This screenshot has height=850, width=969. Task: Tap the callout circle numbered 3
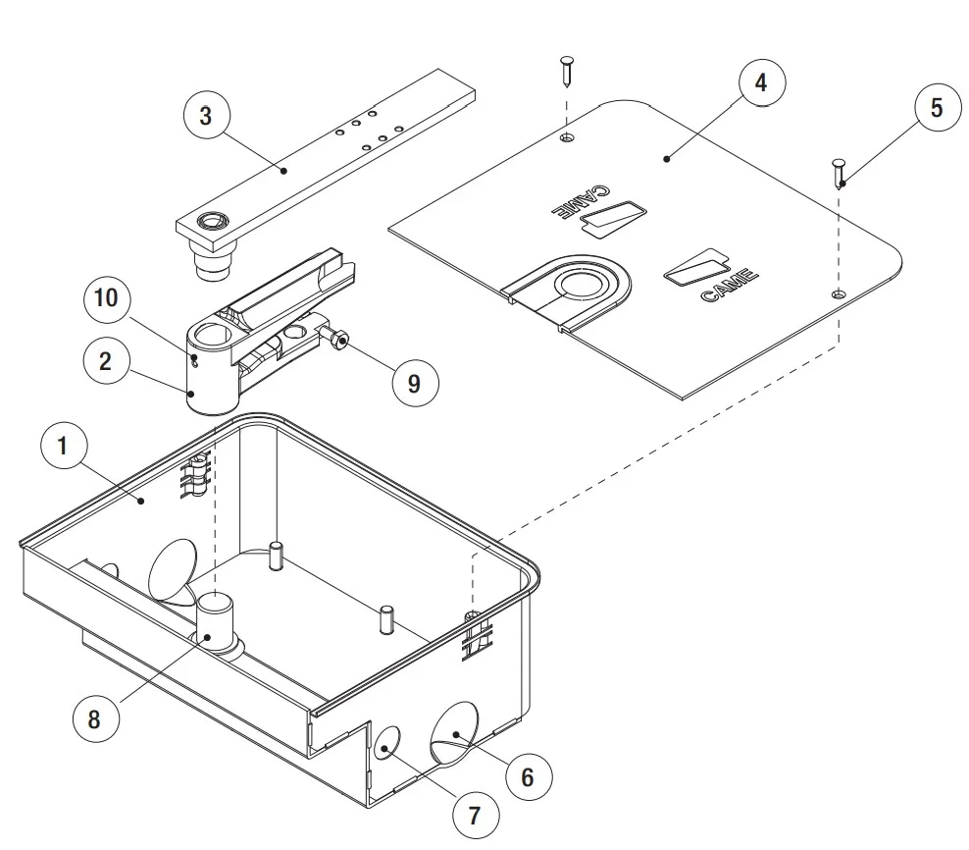[x=205, y=115]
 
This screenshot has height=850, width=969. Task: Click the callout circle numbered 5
[x=936, y=108]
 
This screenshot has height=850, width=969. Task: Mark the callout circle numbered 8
[x=94, y=718]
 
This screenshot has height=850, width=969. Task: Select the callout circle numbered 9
[x=413, y=383]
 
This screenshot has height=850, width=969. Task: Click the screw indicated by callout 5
[x=839, y=174]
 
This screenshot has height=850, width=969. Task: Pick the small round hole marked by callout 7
[x=385, y=743]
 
